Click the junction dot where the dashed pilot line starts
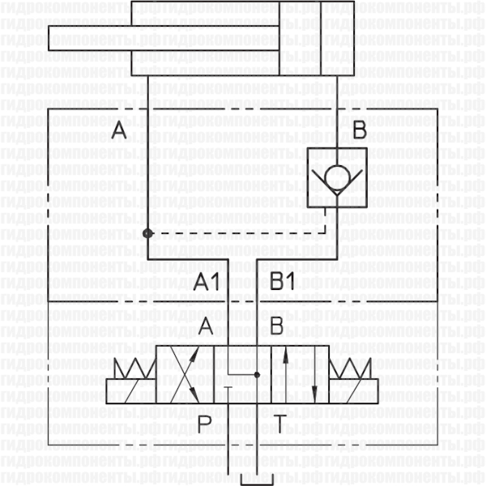[x=147, y=233]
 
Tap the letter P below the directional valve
[x=204, y=422]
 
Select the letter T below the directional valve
[x=278, y=422]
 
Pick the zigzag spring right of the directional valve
[x=352, y=368]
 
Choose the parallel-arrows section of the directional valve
[x=300, y=374]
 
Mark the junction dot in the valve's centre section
[x=257, y=375]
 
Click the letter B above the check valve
[x=360, y=130]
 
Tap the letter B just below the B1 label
[x=276, y=326]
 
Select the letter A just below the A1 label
[x=206, y=326]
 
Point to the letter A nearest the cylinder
[x=119, y=130]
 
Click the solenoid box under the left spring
[x=131, y=391]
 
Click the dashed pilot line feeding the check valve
[x=243, y=233]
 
